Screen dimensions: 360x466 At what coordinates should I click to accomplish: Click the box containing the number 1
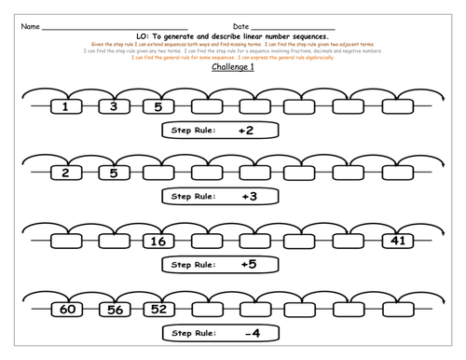(65, 107)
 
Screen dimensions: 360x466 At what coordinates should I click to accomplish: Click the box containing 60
(65, 308)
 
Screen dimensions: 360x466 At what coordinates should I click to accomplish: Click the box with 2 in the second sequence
(65, 173)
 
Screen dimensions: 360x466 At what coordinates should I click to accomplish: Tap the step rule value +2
(245, 131)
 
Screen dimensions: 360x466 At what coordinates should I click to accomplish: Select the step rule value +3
(245, 197)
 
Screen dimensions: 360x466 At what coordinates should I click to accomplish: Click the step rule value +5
(245, 265)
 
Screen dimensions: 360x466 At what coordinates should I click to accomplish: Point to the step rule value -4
(245, 332)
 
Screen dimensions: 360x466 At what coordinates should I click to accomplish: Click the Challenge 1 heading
(232, 68)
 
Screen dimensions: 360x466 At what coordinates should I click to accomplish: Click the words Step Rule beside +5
(193, 265)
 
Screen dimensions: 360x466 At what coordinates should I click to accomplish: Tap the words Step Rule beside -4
(193, 332)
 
